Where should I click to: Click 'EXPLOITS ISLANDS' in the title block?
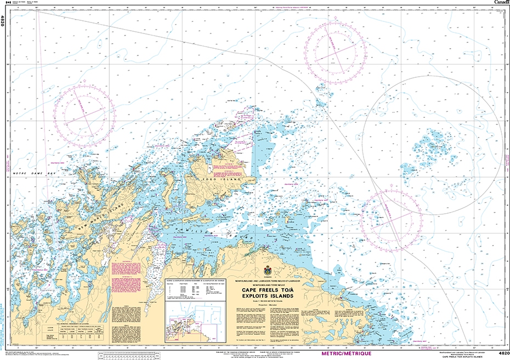tap(268, 297)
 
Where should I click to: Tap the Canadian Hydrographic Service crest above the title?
tap(268, 271)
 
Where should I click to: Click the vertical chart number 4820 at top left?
tap(3, 21)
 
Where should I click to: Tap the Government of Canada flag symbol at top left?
tap(7, 3)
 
